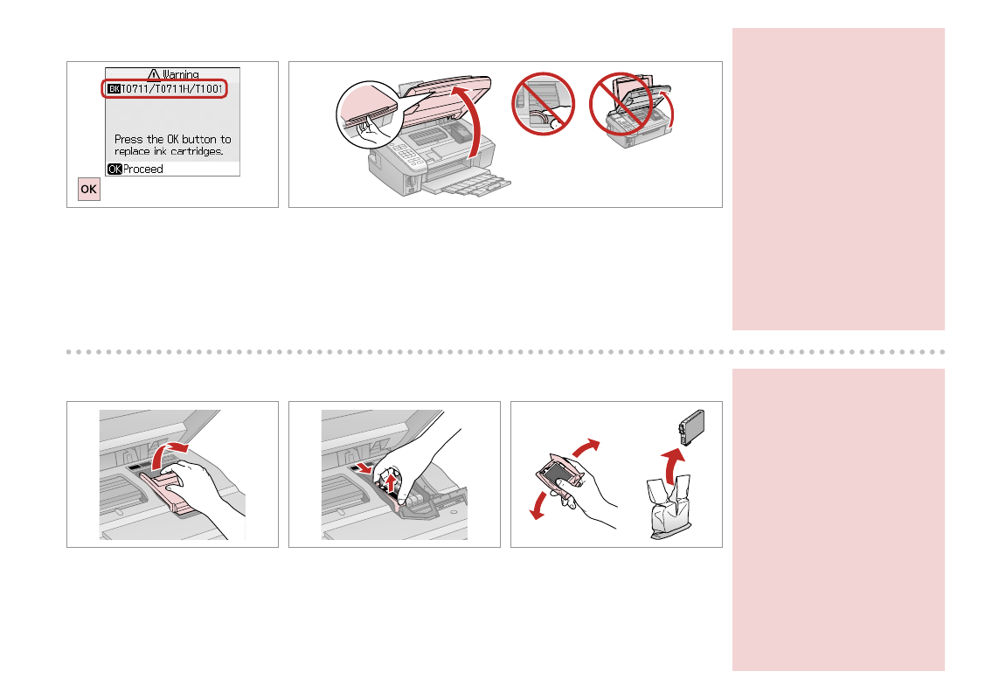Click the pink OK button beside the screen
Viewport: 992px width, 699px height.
click(x=88, y=189)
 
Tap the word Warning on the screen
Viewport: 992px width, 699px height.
click(x=180, y=74)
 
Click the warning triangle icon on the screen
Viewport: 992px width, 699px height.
click(x=154, y=74)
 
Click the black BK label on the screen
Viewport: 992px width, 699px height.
click(x=114, y=88)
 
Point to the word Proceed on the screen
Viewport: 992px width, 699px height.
click(x=143, y=169)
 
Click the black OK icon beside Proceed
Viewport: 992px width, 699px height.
click(x=114, y=169)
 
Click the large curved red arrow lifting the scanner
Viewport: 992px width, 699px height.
click(x=472, y=121)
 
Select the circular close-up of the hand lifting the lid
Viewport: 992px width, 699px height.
click(x=370, y=114)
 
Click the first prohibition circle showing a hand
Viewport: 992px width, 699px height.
click(x=543, y=104)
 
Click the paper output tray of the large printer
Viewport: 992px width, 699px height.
click(x=466, y=183)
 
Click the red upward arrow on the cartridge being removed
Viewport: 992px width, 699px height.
click(x=392, y=486)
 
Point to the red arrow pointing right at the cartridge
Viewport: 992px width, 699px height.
click(x=364, y=468)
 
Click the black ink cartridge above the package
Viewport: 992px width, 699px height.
click(x=691, y=427)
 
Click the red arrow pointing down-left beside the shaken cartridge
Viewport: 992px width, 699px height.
click(x=539, y=505)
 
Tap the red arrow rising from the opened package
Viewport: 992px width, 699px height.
click(x=673, y=465)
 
